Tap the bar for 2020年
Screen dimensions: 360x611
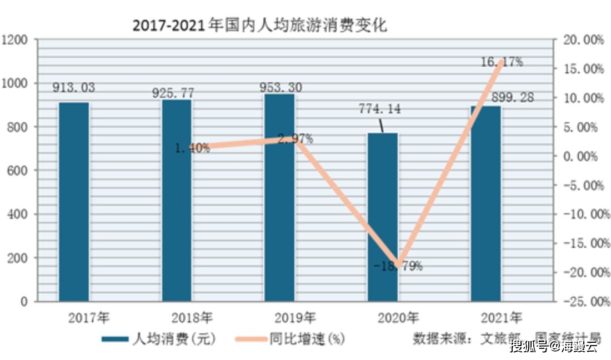[383, 217]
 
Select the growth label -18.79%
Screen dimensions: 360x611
[398, 266]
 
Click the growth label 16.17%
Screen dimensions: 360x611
[502, 62]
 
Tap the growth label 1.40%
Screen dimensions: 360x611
[192, 148]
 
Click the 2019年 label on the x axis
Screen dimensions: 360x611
[295, 318]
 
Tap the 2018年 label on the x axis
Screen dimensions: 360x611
[192, 318]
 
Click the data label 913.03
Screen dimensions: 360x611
[74, 87]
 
